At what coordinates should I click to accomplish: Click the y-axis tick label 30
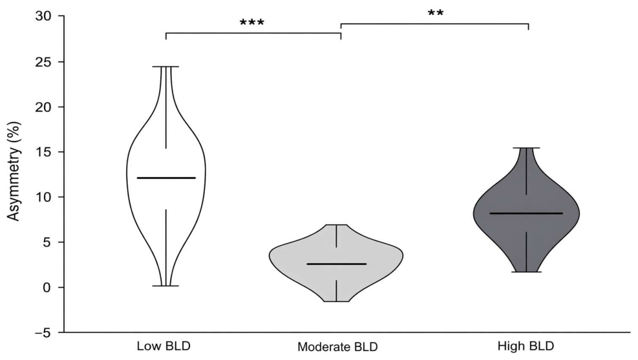coord(44,17)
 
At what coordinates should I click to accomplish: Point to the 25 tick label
coord(44,62)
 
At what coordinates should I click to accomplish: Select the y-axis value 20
coord(44,107)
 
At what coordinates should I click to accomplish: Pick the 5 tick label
coord(48,242)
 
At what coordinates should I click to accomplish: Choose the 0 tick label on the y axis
coord(48,288)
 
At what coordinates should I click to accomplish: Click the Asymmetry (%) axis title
coord(14,171)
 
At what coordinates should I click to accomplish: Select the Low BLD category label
coord(164,346)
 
